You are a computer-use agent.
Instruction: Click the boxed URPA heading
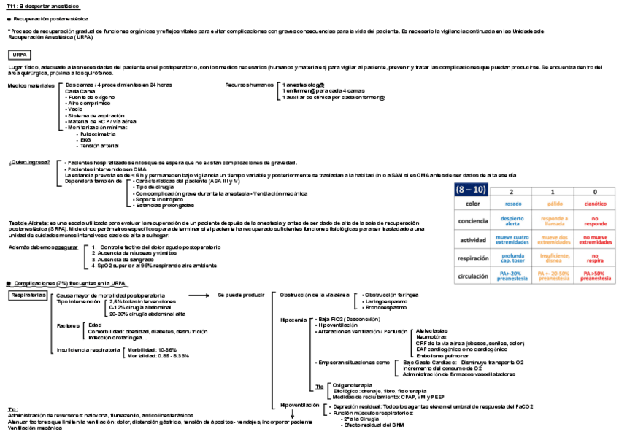point(19,55)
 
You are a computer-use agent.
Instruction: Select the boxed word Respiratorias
point(28,295)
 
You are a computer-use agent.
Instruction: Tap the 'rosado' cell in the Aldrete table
point(513,204)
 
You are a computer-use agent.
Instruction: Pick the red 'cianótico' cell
point(595,204)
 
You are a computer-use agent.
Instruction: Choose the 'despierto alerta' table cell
point(513,220)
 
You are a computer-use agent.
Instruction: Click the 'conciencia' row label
point(472,221)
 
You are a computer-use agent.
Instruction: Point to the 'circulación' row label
point(472,276)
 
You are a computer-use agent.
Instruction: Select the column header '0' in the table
point(595,191)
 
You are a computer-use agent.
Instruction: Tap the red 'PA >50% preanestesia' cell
point(595,276)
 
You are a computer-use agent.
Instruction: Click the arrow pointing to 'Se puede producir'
point(198,295)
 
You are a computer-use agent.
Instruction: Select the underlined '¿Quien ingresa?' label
point(29,162)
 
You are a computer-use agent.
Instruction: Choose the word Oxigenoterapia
point(353,384)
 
